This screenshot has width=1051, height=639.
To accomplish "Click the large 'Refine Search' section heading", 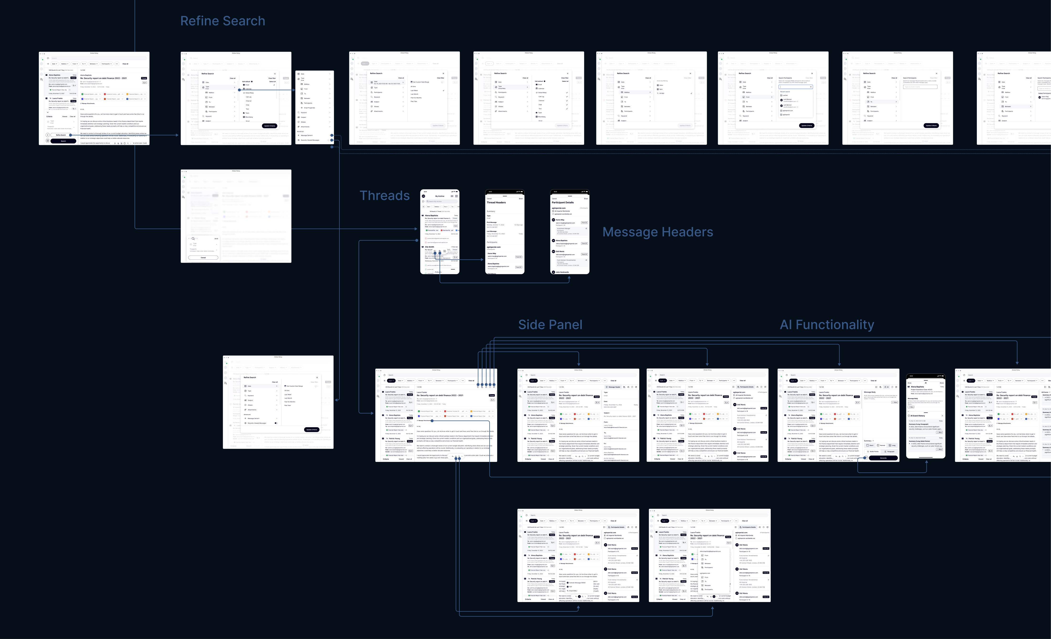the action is [x=222, y=21].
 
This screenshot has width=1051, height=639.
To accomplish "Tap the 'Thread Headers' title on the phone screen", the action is [x=496, y=203].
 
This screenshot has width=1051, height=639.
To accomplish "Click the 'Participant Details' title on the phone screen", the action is [x=563, y=203].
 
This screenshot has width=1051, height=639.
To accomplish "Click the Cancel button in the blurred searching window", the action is [x=203, y=257].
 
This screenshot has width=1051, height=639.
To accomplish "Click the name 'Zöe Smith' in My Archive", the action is [x=430, y=247].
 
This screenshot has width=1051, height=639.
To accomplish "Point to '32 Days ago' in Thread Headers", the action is [x=519, y=225].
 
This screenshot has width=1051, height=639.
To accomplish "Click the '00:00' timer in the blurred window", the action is [x=216, y=239].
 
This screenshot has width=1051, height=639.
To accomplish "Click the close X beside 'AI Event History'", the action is [x=942, y=416].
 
